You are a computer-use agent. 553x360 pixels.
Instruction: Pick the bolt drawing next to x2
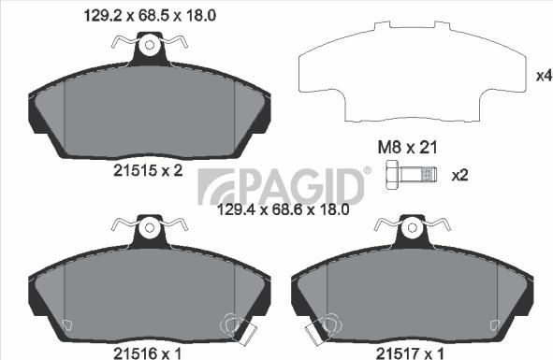[412, 175]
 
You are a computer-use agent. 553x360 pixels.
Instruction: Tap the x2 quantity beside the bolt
[459, 175]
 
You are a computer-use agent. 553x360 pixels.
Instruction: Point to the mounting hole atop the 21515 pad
[148, 43]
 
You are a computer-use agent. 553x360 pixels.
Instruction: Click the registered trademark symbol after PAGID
[366, 170]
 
